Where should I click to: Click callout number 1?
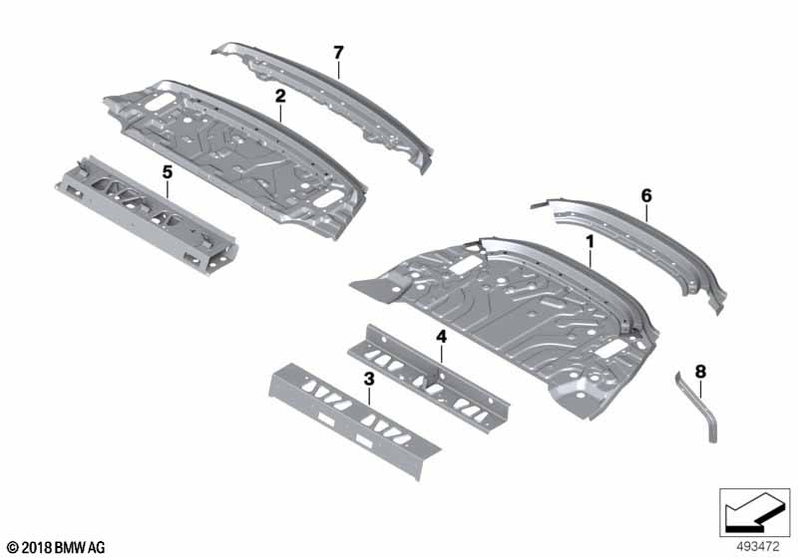click(x=590, y=241)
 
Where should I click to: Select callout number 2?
click(x=280, y=96)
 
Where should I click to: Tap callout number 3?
click(x=368, y=379)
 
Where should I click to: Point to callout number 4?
click(x=439, y=338)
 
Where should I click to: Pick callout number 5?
click(x=167, y=172)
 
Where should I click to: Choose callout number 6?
click(x=645, y=196)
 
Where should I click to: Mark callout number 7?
click(x=338, y=52)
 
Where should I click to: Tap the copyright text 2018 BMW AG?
click(x=55, y=547)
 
